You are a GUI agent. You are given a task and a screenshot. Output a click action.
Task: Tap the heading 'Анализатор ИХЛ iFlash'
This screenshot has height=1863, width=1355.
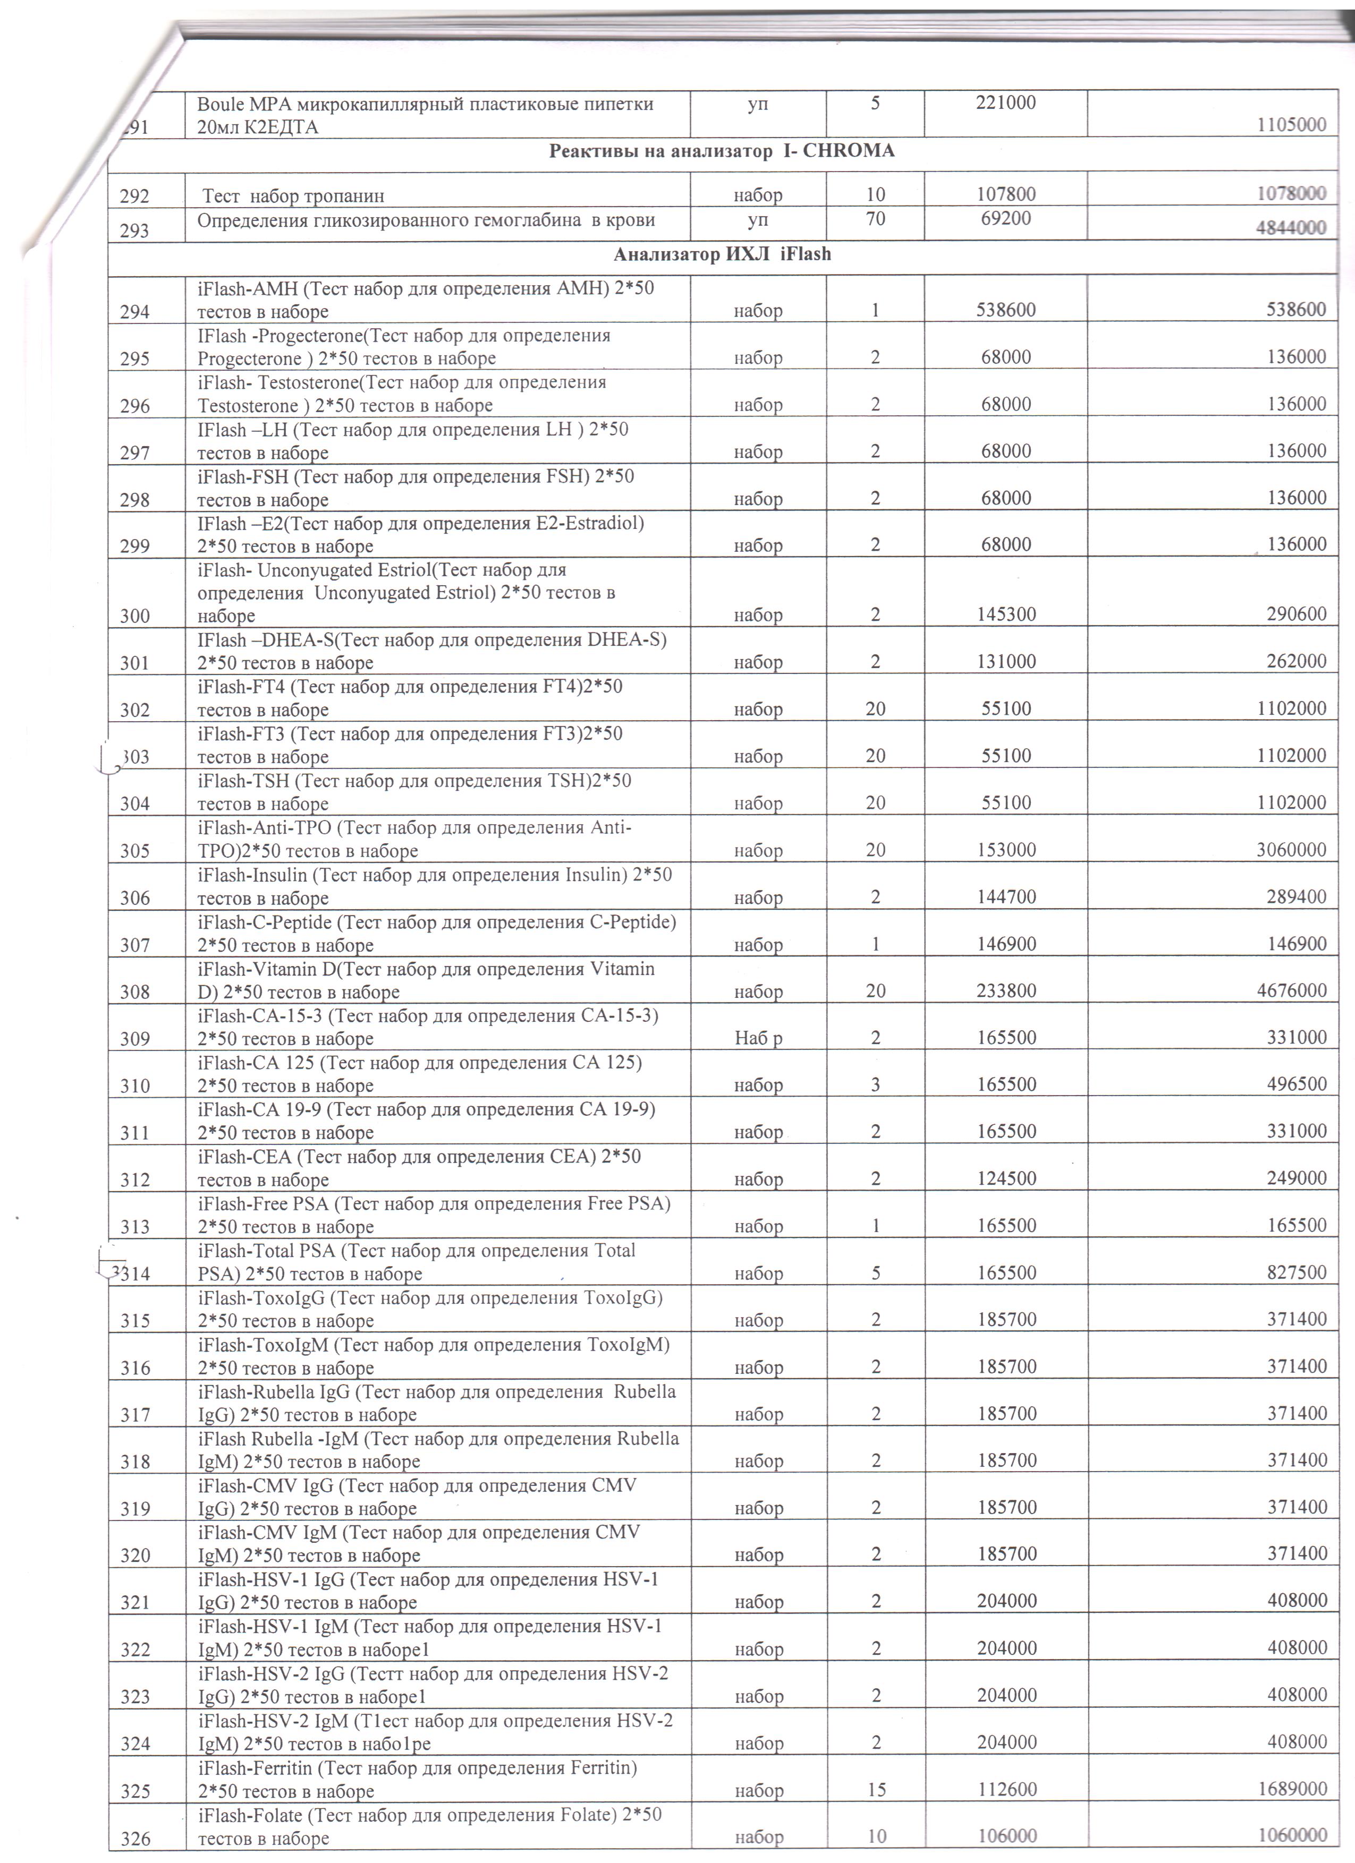click(722, 254)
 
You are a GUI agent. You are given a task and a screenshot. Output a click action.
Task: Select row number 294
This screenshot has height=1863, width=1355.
click(135, 311)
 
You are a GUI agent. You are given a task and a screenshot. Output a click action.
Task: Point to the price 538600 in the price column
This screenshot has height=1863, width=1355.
click(1006, 310)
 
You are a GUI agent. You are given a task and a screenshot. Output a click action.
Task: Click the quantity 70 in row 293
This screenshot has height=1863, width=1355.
click(875, 218)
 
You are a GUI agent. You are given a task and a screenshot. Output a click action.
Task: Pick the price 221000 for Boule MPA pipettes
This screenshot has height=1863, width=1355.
click(1006, 102)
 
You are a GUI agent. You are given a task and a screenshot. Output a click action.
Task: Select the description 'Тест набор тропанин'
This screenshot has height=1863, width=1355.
click(293, 195)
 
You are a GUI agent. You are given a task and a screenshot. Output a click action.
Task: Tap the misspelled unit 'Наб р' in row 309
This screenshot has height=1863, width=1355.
click(758, 1038)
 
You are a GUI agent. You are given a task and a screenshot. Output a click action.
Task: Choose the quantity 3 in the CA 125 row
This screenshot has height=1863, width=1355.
click(875, 1084)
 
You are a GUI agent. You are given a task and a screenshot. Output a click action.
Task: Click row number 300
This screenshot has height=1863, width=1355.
click(135, 616)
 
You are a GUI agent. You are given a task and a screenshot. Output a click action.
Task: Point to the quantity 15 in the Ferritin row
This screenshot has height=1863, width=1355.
click(875, 1789)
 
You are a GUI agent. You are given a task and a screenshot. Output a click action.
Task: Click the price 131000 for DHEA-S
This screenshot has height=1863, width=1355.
click(1006, 661)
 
